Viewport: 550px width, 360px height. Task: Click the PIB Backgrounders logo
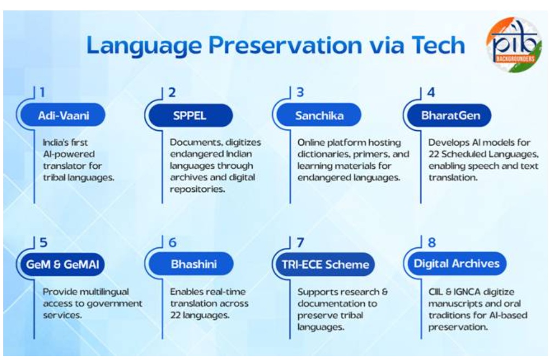click(x=514, y=45)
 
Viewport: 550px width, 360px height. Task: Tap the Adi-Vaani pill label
click(x=63, y=115)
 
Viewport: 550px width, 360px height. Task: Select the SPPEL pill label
click(x=190, y=115)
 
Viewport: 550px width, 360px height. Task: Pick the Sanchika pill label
click(x=319, y=115)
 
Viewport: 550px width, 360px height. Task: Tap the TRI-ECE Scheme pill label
click(x=325, y=264)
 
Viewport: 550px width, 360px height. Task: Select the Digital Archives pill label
click(x=457, y=263)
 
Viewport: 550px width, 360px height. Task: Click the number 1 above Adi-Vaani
click(x=42, y=92)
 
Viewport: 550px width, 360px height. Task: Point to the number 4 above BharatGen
click(x=431, y=92)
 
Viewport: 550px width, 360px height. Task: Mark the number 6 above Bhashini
click(x=173, y=242)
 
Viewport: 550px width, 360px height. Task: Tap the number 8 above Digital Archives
click(x=432, y=242)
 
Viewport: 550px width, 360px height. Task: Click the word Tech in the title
click(x=438, y=45)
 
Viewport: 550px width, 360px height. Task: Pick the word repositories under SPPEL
click(x=197, y=189)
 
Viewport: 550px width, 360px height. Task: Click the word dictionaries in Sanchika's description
click(x=324, y=154)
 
